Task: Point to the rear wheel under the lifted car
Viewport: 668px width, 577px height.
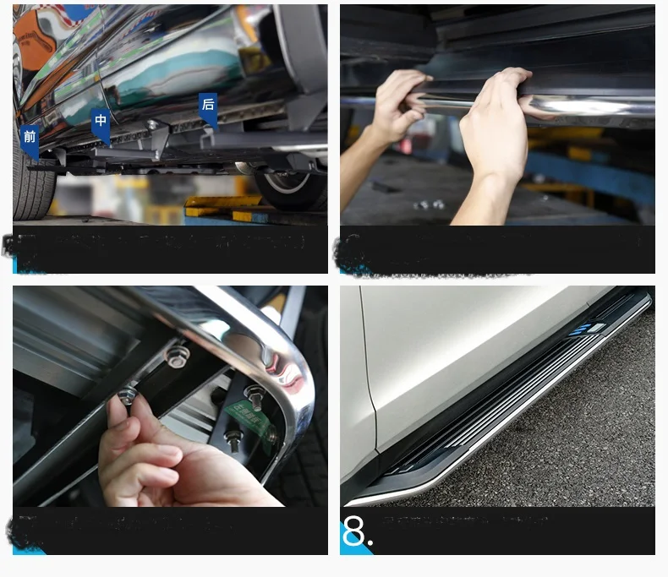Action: pyautogui.click(x=292, y=186)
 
